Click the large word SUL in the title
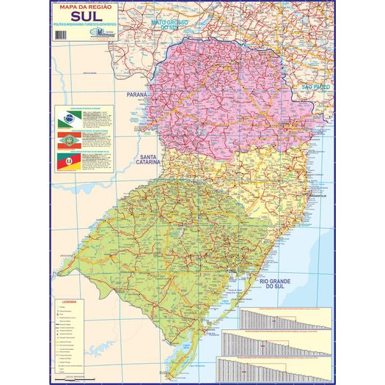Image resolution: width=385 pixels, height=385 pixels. pyautogui.click(x=85, y=17)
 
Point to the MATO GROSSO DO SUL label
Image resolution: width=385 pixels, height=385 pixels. pyautogui.click(x=170, y=25)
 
